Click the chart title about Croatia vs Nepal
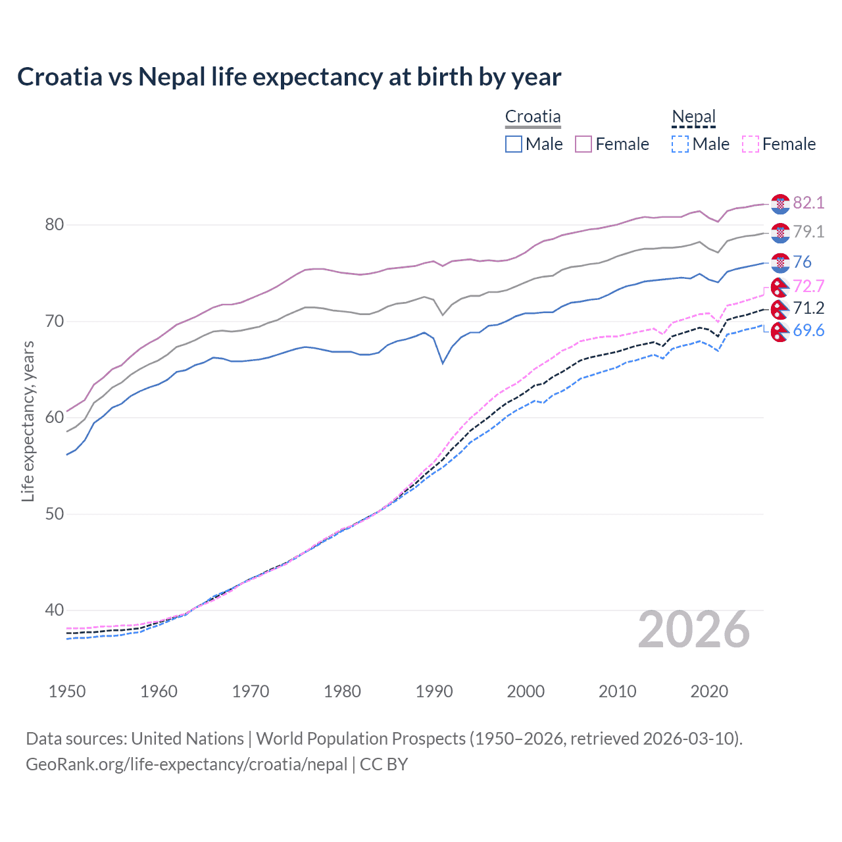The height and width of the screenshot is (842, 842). (x=289, y=77)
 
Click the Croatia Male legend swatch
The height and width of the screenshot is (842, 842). (x=514, y=144)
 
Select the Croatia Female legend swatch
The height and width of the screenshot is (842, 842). (x=583, y=144)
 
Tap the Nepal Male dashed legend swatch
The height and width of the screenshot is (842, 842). (x=680, y=144)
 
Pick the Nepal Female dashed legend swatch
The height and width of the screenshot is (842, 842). (x=751, y=144)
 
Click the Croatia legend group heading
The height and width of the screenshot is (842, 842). (x=533, y=117)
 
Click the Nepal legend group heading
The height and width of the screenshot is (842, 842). (x=693, y=117)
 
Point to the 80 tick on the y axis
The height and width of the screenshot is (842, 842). (x=54, y=225)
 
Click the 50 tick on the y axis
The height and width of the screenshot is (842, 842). (x=54, y=514)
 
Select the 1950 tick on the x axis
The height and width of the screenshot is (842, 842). (x=67, y=691)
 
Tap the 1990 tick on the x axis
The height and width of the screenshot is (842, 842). (x=434, y=691)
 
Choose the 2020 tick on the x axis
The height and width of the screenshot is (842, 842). (x=709, y=691)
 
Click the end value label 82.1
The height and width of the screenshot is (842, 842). (x=808, y=203)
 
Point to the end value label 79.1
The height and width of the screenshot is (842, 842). (x=808, y=232)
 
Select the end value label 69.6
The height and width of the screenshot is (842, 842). (x=808, y=330)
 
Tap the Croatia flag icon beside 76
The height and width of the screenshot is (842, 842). (x=780, y=262)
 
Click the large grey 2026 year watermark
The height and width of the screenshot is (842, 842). (x=694, y=630)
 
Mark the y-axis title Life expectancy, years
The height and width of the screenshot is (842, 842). (x=28, y=421)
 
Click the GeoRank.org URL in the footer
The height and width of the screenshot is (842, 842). (x=186, y=764)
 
